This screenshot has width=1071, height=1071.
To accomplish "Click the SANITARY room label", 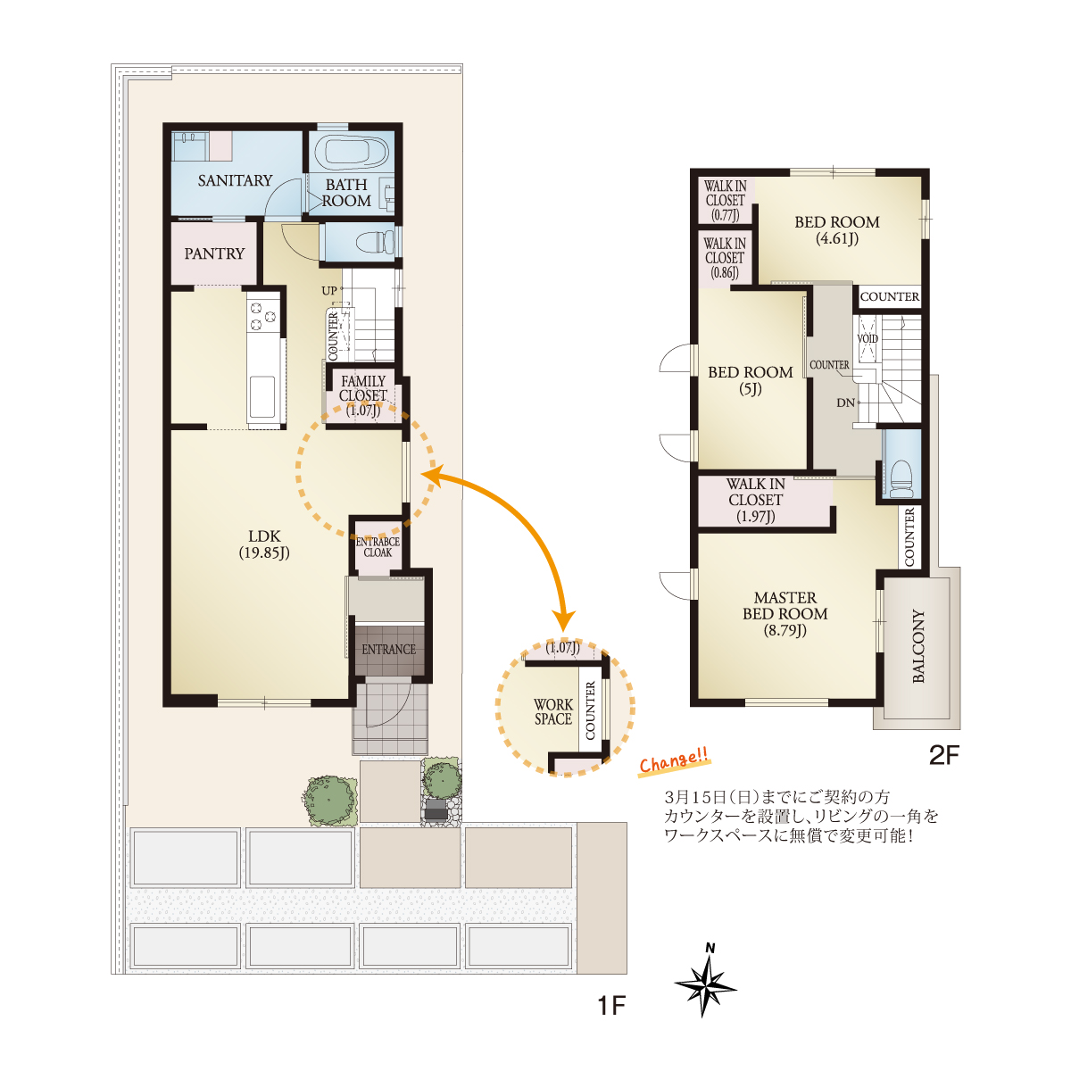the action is pos(235,180).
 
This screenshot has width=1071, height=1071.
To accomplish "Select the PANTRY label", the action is pos(214,253).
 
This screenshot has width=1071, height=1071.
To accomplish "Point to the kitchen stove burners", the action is pos(263,316).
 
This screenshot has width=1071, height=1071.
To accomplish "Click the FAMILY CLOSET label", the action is pos(362,395).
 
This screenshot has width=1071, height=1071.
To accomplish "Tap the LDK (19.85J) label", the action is pos(264,544).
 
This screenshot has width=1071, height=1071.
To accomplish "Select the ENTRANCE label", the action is pos(388,649).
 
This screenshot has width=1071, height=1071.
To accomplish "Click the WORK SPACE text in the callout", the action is pos(552,711).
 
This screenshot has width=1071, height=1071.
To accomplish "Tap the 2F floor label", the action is pos(944,755).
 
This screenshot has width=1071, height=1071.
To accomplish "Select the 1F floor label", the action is pos(611,1005).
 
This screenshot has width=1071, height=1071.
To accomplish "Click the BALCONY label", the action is pos(918,646).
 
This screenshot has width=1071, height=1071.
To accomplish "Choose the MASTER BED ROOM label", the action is pos(785,613).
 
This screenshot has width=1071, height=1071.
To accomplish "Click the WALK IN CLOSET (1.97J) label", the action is pos(755,500).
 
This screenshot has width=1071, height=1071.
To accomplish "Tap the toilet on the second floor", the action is pos(901,478).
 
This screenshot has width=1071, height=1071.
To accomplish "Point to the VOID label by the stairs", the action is pos(867,338).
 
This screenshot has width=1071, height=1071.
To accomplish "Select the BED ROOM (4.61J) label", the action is pos(836,230).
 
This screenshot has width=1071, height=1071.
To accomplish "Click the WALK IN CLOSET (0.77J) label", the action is pos(726,200).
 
